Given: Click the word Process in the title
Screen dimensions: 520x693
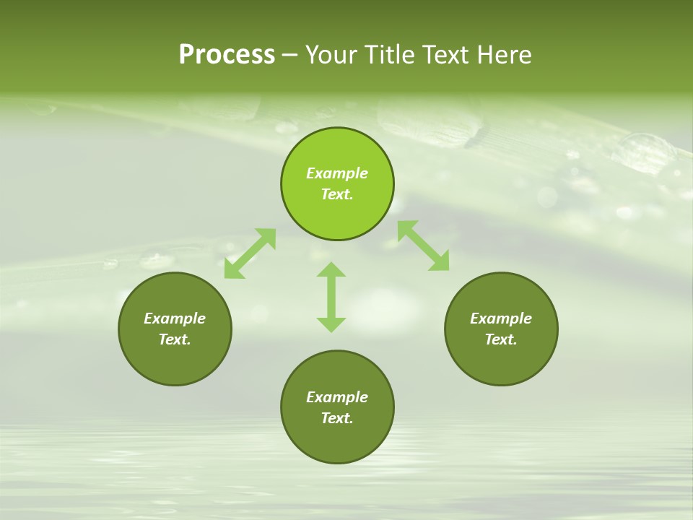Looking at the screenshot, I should [x=227, y=55].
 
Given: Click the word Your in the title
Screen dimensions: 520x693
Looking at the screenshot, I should [x=331, y=55].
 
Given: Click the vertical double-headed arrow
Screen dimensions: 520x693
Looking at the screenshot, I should [x=331, y=298].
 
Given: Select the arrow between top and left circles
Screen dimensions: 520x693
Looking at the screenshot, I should [x=250, y=253].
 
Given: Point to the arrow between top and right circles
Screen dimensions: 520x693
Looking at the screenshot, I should [x=424, y=246].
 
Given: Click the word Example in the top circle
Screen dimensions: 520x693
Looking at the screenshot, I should [x=337, y=173].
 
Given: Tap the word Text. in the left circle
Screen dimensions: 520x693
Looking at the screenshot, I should [x=175, y=339].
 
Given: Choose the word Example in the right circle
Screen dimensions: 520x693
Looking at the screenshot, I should [x=501, y=318].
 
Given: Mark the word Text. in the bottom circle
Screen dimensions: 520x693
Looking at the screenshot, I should [x=337, y=418].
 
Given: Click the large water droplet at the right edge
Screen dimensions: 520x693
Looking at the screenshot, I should [x=644, y=152].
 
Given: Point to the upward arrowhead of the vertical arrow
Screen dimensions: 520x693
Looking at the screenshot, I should [x=331, y=270].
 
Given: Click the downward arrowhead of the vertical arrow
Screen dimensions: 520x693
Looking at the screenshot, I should [x=331, y=324].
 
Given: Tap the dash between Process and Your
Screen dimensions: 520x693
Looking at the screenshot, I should [x=290, y=55].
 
